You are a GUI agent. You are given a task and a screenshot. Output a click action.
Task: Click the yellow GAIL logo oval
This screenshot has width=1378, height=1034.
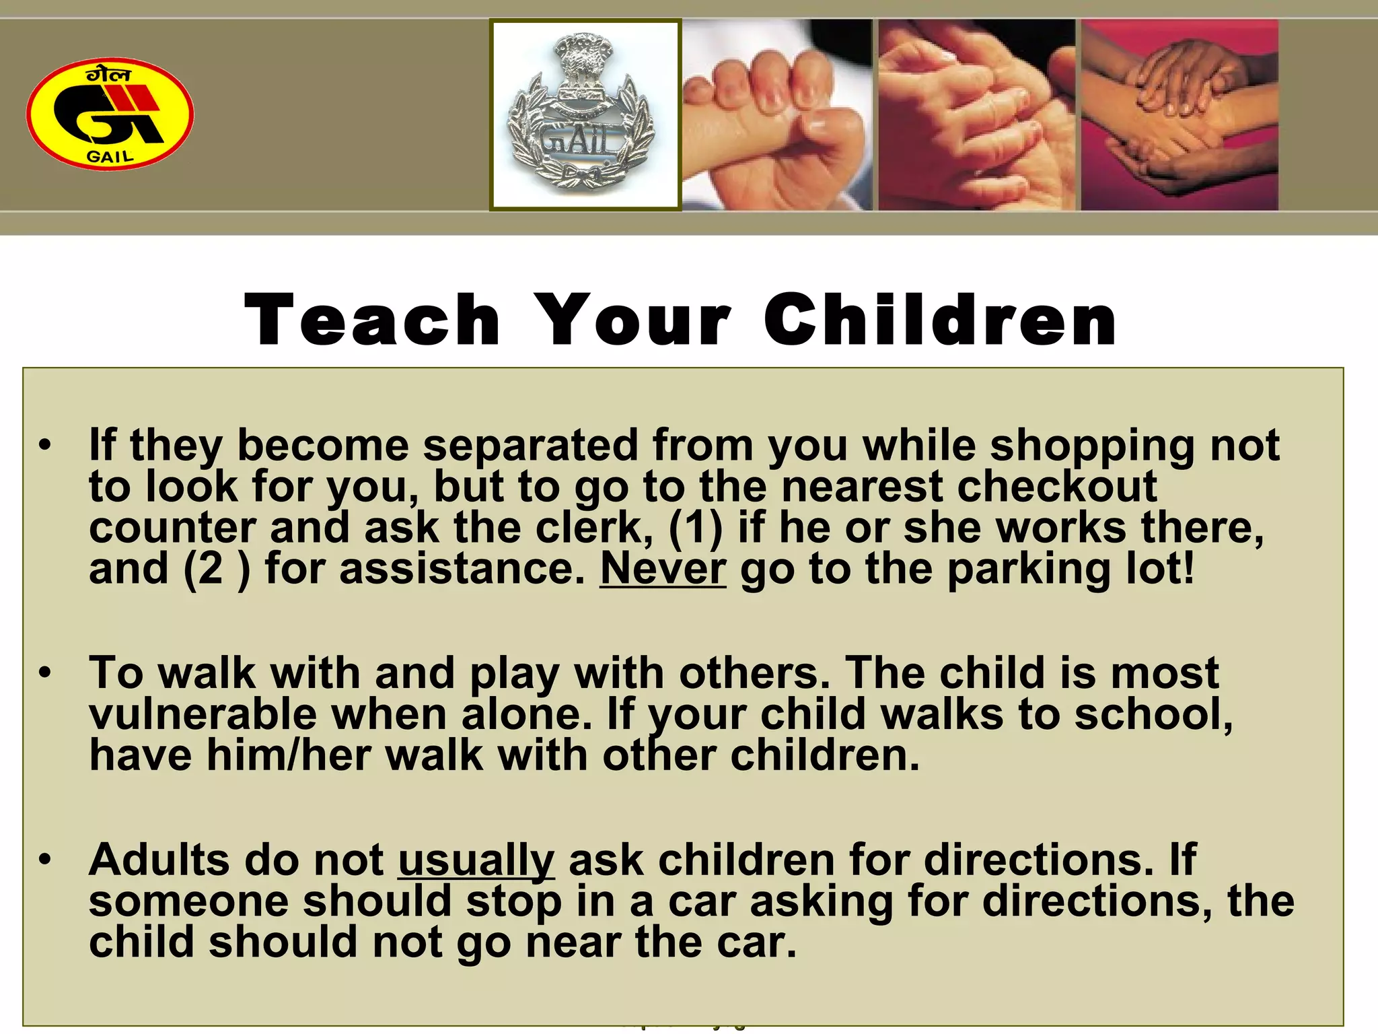110,114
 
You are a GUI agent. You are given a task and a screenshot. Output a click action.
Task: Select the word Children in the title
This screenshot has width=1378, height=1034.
941,320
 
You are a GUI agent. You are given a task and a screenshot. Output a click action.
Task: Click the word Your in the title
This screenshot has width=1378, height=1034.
633,320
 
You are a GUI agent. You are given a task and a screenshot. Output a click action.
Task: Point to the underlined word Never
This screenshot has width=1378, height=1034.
663,569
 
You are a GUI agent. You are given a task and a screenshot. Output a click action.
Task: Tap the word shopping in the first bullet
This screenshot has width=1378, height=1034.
1093,446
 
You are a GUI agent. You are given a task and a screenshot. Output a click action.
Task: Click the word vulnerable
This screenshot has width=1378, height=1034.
203,714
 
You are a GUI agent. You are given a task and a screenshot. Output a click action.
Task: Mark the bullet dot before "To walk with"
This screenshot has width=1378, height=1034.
45,673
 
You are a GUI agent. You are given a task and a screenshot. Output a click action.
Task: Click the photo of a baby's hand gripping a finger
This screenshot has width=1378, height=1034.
777,114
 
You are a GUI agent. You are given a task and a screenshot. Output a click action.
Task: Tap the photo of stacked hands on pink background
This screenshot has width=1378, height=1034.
1179,114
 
